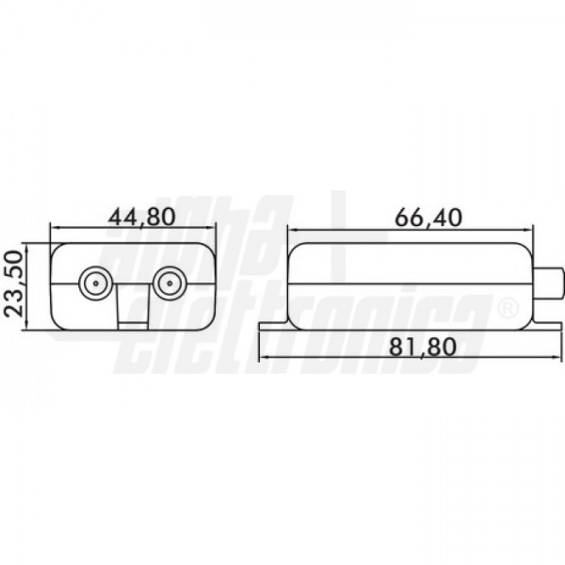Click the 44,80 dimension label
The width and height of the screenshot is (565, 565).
141,217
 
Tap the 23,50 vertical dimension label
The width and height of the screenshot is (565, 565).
14,284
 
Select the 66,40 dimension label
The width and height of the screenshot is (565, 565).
428,218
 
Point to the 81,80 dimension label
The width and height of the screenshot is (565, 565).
423,347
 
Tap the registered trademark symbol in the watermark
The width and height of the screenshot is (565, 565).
508,310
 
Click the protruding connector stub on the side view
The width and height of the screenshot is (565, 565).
547,283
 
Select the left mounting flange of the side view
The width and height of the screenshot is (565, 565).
274,326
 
